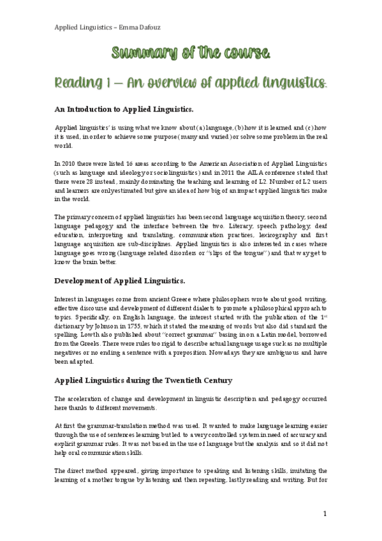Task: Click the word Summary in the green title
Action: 137,52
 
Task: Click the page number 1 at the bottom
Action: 325,514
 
